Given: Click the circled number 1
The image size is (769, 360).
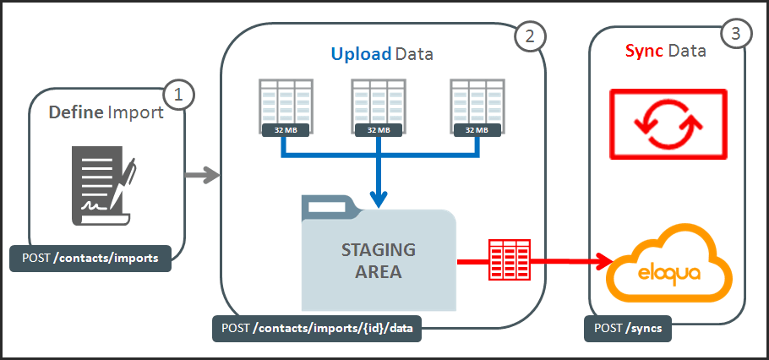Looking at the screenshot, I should pyautogui.click(x=178, y=95).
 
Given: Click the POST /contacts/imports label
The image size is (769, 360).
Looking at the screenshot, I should pyautogui.click(x=90, y=259).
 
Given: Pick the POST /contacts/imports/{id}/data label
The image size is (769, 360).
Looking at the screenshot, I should pyautogui.click(x=316, y=328).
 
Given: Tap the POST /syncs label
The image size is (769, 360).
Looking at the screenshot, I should pyautogui.click(x=628, y=328).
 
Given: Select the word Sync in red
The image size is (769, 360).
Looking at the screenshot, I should pyautogui.click(x=644, y=52).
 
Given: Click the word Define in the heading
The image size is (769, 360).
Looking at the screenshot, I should pyautogui.click(x=76, y=112).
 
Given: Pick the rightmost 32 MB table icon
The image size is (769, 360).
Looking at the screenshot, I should pyautogui.click(x=475, y=107).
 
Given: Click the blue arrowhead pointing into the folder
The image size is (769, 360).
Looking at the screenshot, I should pyautogui.click(x=379, y=199).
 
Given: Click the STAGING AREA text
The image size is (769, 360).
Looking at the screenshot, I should pyautogui.click(x=378, y=261).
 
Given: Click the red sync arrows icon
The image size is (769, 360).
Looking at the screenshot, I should pyautogui.click(x=668, y=124).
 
